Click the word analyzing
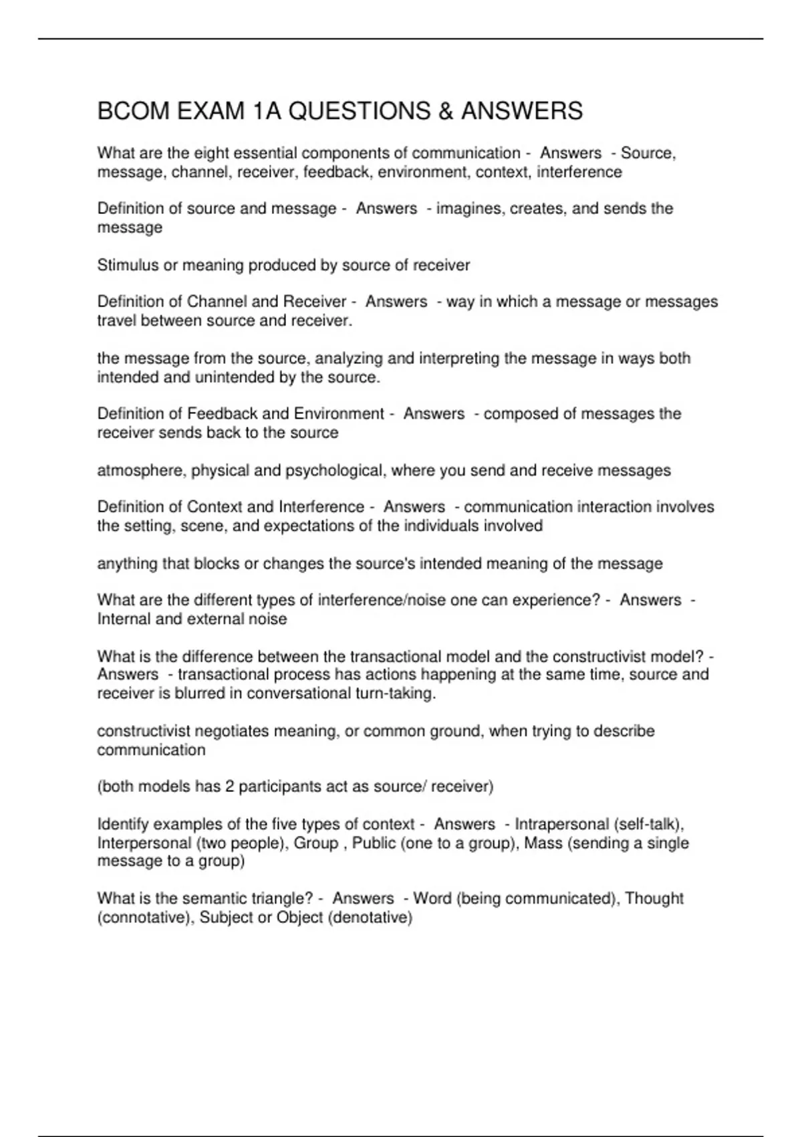click(349, 358)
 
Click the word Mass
click(543, 843)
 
